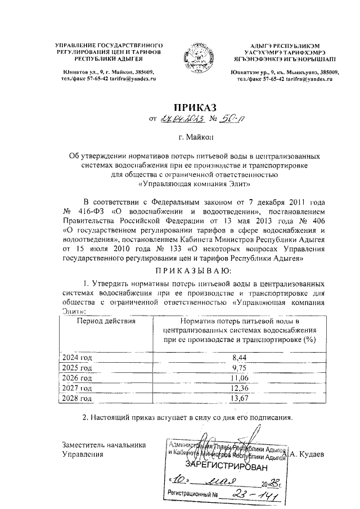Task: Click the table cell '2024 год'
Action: point(77,357)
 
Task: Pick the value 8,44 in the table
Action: point(239,357)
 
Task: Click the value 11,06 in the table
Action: point(239,378)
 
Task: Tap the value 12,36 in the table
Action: point(239,388)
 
